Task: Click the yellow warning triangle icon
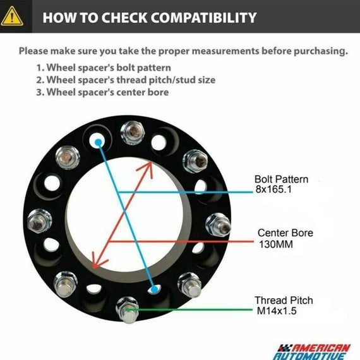[x=12, y=16]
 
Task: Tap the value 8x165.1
[x=273, y=189]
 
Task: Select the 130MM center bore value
[x=276, y=244]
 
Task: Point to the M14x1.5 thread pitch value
[x=277, y=311]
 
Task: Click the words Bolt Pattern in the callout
[x=281, y=179]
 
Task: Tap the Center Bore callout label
[x=285, y=233]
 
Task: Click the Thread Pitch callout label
[x=284, y=300]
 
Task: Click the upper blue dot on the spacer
[x=99, y=143]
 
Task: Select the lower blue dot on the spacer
[x=155, y=289]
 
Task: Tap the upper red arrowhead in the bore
[x=147, y=169]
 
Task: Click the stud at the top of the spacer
[x=133, y=133]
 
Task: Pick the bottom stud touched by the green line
[x=128, y=309]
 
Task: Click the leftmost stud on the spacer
[x=39, y=221]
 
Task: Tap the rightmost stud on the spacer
[x=218, y=225]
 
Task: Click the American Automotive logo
[x=312, y=351]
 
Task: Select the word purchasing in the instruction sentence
[x=321, y=51]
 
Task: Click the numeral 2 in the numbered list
[x=39, y=80]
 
